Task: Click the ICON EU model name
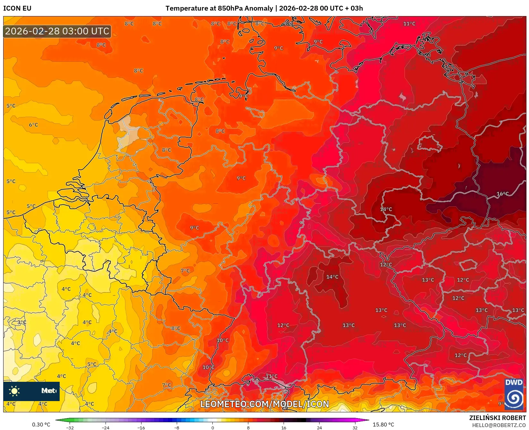point(17,8)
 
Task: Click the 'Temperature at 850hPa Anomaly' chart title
point(219,8)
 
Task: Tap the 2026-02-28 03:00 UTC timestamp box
point(57,31)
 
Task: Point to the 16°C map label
point(502,194)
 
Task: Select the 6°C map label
point(33,125)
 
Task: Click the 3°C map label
point(22,322)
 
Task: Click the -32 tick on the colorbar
point(70,427)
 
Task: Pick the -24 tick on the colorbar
point(106,427)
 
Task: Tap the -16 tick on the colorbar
point(141,427)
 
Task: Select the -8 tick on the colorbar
point(177,427)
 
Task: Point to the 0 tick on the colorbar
point(212,427)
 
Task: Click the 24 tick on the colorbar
point(319,427)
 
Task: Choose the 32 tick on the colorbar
point(355,427)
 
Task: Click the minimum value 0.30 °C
point(41,425)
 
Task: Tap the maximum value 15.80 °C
point(383,425)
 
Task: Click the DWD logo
point(514,394)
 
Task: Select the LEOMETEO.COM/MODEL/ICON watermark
point(265,404)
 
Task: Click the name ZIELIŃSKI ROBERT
point(498,418)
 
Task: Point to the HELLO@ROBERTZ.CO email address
point(499,425)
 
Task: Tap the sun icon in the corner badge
point(14,391)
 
